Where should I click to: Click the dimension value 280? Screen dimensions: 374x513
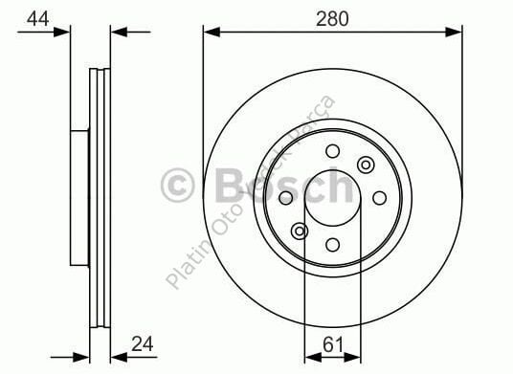click(332, 17)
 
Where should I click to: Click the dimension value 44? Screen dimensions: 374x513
click(38, 17)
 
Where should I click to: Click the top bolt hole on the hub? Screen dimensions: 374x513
click(332, 151)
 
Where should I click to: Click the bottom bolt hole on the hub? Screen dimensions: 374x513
click(332, 245)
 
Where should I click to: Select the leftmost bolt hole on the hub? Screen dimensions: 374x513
click(285, 198)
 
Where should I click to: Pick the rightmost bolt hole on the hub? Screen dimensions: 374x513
click(379, 198)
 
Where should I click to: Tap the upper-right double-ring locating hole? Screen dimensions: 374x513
click(365, 165)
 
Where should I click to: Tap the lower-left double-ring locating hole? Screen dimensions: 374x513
click(300, 231)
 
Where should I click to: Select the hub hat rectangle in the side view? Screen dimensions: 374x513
click(80, 198)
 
